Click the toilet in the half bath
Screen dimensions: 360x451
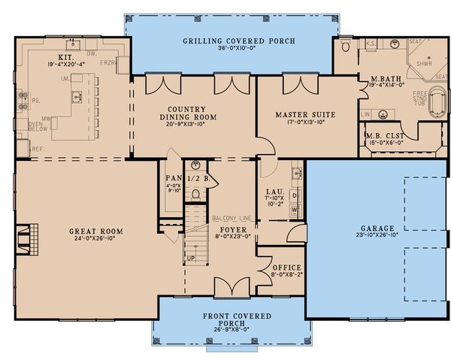coord(195,194)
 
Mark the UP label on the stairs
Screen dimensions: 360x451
coord(190,258)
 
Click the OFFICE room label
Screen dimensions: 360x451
coord(286,268)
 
